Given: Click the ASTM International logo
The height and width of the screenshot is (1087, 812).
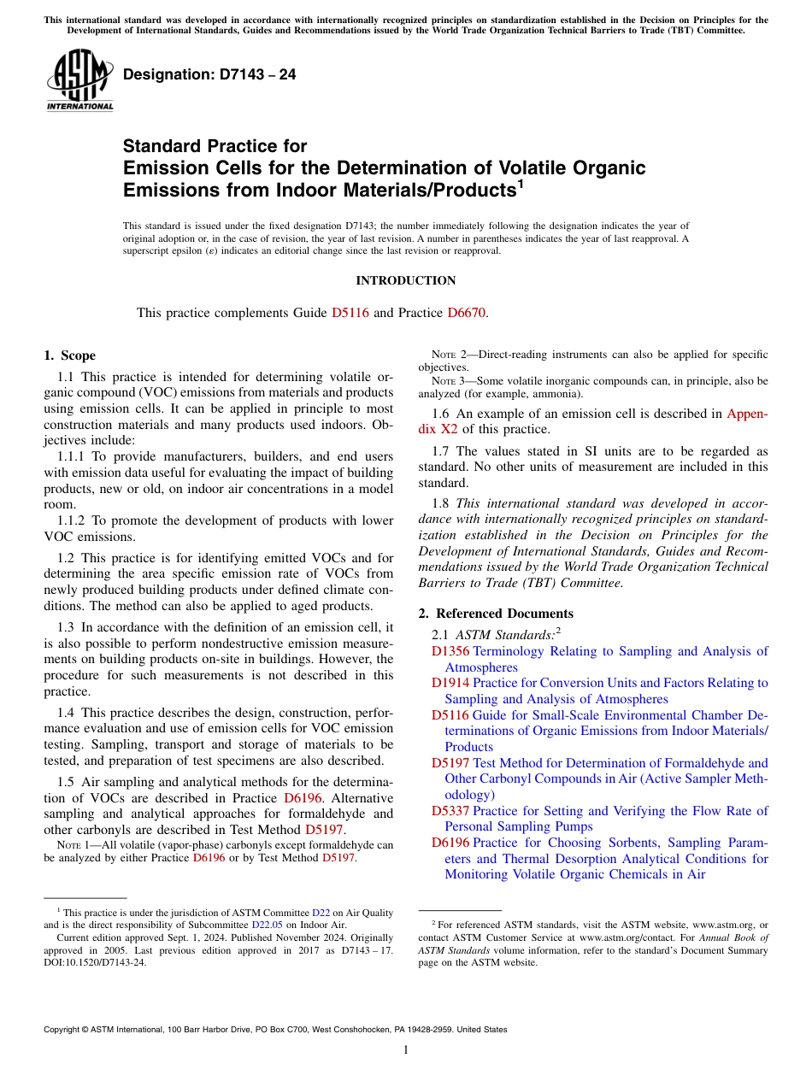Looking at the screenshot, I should tap(79, 81).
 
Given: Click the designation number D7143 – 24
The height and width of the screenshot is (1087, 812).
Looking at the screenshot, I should tap(209, 75).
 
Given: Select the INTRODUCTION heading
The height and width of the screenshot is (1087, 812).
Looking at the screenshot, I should tap(405, 280).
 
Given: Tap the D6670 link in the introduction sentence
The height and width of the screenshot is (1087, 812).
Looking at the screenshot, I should tap(467, 313).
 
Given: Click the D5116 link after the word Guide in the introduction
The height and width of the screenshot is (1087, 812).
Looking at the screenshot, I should tap(350, 313).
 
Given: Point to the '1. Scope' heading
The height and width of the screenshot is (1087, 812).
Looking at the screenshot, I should tap(69, 355).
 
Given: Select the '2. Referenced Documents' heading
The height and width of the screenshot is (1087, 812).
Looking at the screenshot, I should tap(496, 614).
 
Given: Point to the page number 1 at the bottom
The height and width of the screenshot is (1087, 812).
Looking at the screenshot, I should tap(406, 1050).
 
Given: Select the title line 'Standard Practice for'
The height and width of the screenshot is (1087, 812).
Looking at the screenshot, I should tap(215, 146).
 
